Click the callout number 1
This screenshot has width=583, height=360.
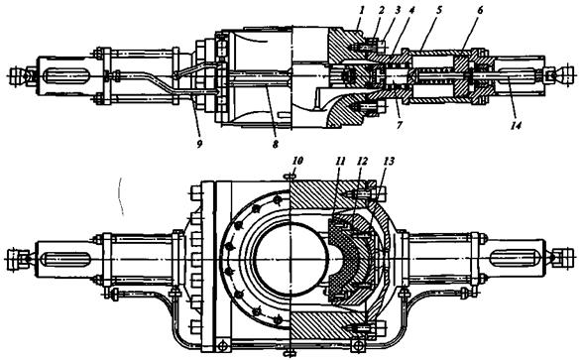click(359, 10)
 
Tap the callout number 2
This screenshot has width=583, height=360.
click(381, 10)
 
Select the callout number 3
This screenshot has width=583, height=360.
click(397, 10)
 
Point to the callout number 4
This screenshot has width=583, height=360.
click(411, 10)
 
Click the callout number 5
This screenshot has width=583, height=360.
click(439, 10)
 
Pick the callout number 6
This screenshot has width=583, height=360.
click(480, 10)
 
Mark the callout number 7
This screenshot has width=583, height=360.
click(400, 125)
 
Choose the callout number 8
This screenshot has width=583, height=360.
click(276, 144)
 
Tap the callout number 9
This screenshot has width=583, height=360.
click(199, 144)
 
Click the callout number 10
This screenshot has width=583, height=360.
click(297, 161)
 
